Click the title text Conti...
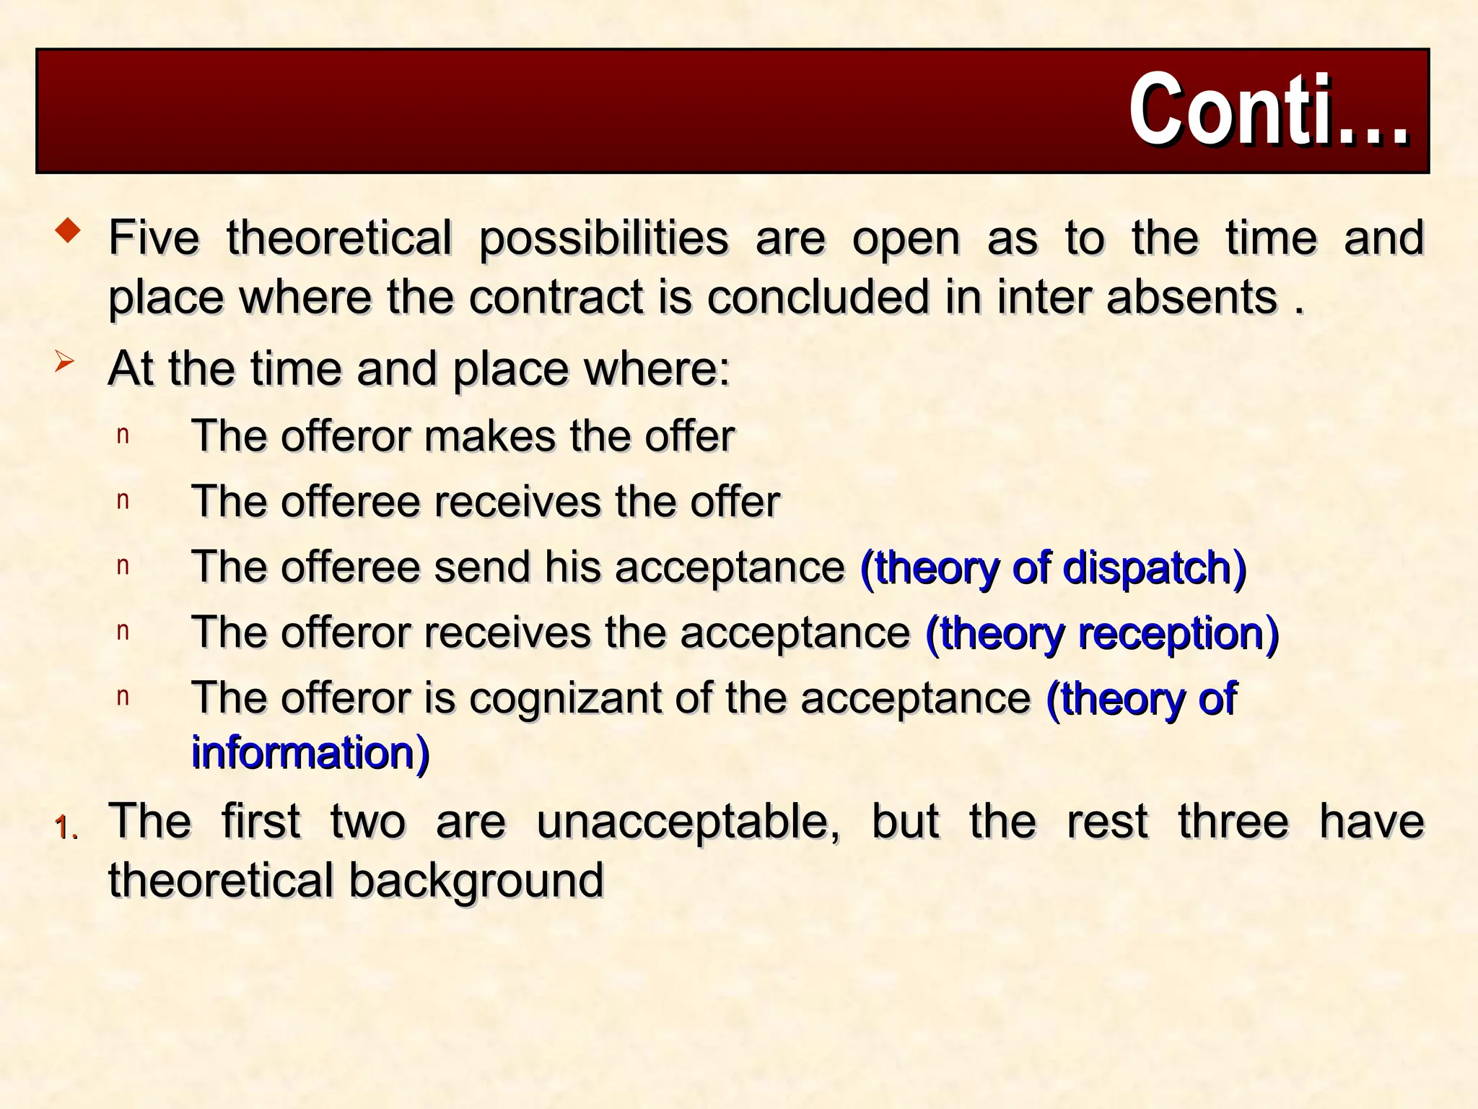click(x=1268, y=110)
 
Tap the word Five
click(x=154, y=238)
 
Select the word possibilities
click(x=603, y=239)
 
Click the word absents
click(x=1191, y=297)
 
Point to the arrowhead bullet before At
click(x=64, y=361)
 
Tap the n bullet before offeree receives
click(x=123, y=500)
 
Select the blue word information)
click(x=310, y=752)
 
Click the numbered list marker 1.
click(x=66, y=827)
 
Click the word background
click(x=476, y=881)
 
